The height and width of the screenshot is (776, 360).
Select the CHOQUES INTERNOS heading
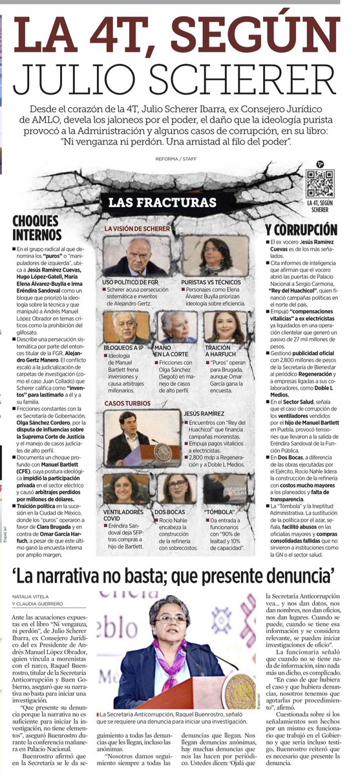click(37, 228)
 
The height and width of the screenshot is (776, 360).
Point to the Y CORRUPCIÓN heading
click(301, 230)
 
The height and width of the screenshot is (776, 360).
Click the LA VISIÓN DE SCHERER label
click(138, 229)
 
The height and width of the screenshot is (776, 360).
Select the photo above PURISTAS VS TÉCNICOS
click(207, 257)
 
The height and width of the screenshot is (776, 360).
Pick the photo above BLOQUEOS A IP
click(126, 327)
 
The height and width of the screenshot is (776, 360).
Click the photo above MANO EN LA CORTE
click(177, 327)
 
